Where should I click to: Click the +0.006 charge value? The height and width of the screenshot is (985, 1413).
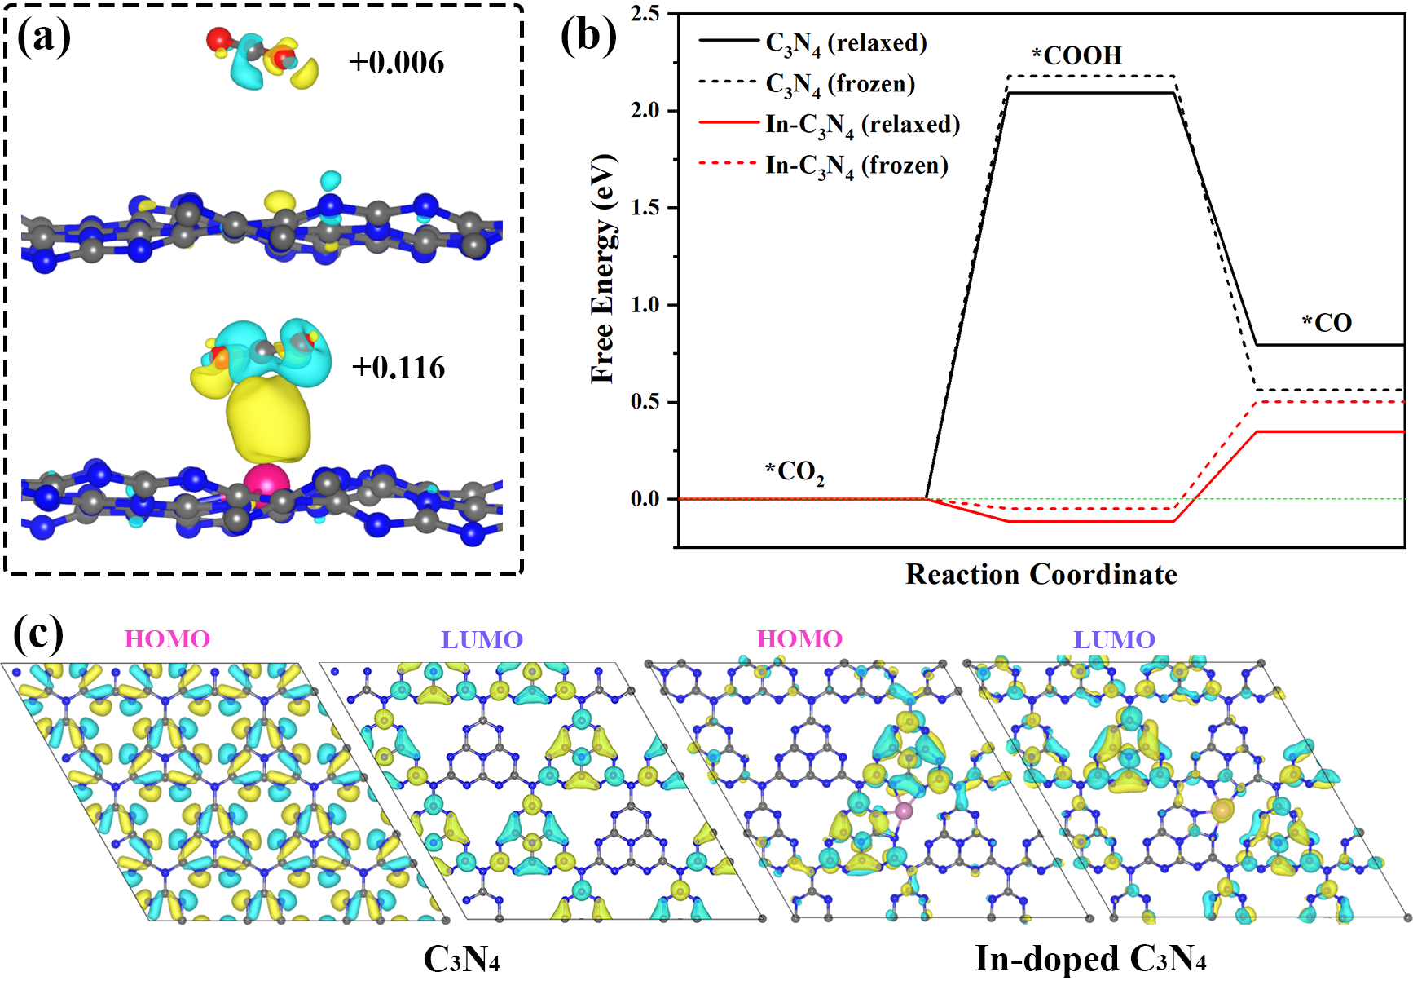click(x=397, y=63)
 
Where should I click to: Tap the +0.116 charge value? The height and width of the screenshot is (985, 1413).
click(x=398, y=368)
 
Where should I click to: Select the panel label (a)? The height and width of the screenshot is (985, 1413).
click(x=44, y=37)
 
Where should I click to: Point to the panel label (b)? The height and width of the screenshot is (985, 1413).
click(x=588, y=37)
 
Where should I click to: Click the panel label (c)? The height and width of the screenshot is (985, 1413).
click(x=38, y=634)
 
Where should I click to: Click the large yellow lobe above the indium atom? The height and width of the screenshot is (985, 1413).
click(x=269, y=422)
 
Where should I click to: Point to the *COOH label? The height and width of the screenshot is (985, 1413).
click(x=1076, y=55)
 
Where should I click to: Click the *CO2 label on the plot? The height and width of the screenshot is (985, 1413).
click(x=795, y=472)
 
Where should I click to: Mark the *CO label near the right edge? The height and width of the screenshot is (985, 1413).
click(x=1327, y=323)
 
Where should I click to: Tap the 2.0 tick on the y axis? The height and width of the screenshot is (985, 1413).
click(x=645, y=110)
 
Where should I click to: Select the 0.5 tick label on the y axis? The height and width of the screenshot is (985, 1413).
click(x=645, y=402)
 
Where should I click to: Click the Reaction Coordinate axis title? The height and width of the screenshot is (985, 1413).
click(x=1041, y=574)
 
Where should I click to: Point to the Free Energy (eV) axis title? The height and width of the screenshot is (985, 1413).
click(x=604, y=268)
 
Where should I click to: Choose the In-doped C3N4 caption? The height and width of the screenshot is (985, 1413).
click(x=1090, y=959)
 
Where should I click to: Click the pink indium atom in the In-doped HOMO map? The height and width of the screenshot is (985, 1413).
click(x=904, y=811)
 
